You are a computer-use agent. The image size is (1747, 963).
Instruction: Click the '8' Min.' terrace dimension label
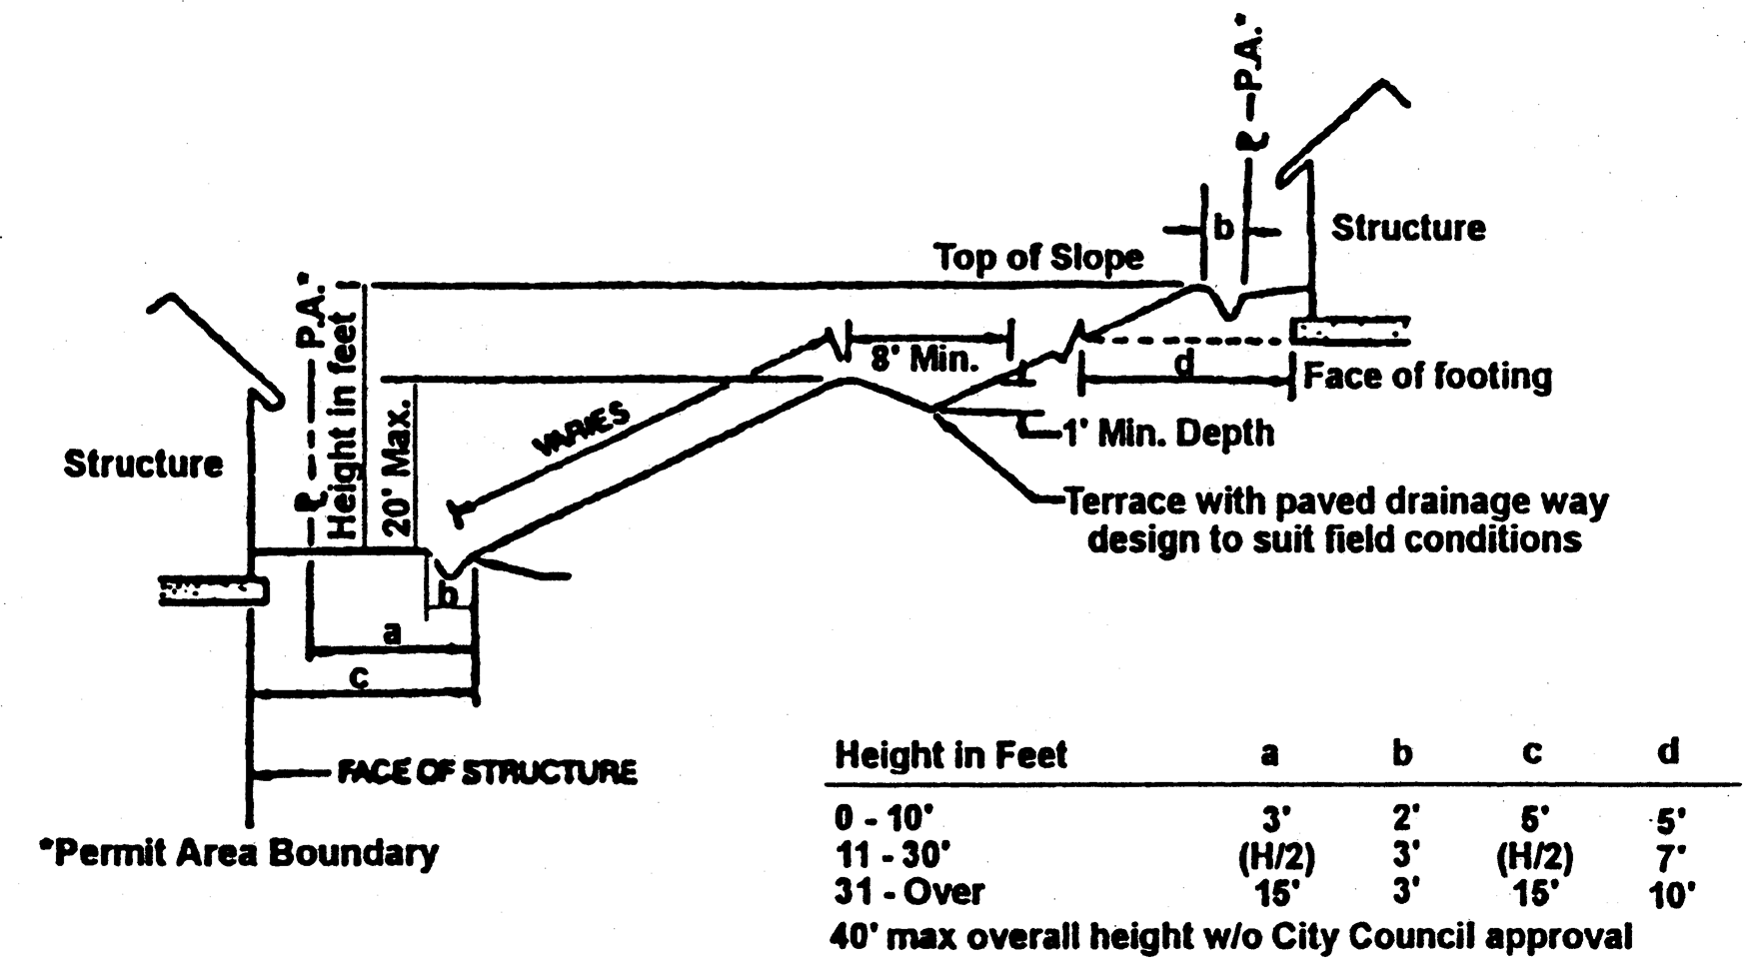(x=923, y=359)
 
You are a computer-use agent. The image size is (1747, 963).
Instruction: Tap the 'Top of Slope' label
(x=1038, y=258)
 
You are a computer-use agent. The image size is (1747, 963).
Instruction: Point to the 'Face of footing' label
(x=1427, y=377)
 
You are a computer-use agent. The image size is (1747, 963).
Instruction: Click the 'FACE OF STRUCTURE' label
(x=486, y=772)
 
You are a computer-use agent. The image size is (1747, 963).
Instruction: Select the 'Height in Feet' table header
(x=950, y=754)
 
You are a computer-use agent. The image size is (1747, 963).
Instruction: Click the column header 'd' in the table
(x=1667, y=751)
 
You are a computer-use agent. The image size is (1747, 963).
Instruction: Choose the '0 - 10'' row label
(x=883, y=819)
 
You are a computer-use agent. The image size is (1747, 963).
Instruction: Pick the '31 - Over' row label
(x=908, y=891)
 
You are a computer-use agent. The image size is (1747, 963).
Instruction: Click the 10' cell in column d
(x=1667, y=894)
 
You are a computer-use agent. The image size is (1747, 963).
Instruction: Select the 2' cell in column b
(x=1404, y=819)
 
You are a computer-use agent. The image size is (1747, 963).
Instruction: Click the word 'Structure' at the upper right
(x=1407, y=229)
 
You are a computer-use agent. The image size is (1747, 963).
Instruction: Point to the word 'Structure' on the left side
(x=143, y=465)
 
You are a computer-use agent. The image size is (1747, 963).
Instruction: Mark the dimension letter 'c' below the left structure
(x=360, y=677)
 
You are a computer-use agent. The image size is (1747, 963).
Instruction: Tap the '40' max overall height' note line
(x=1230, y=937)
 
